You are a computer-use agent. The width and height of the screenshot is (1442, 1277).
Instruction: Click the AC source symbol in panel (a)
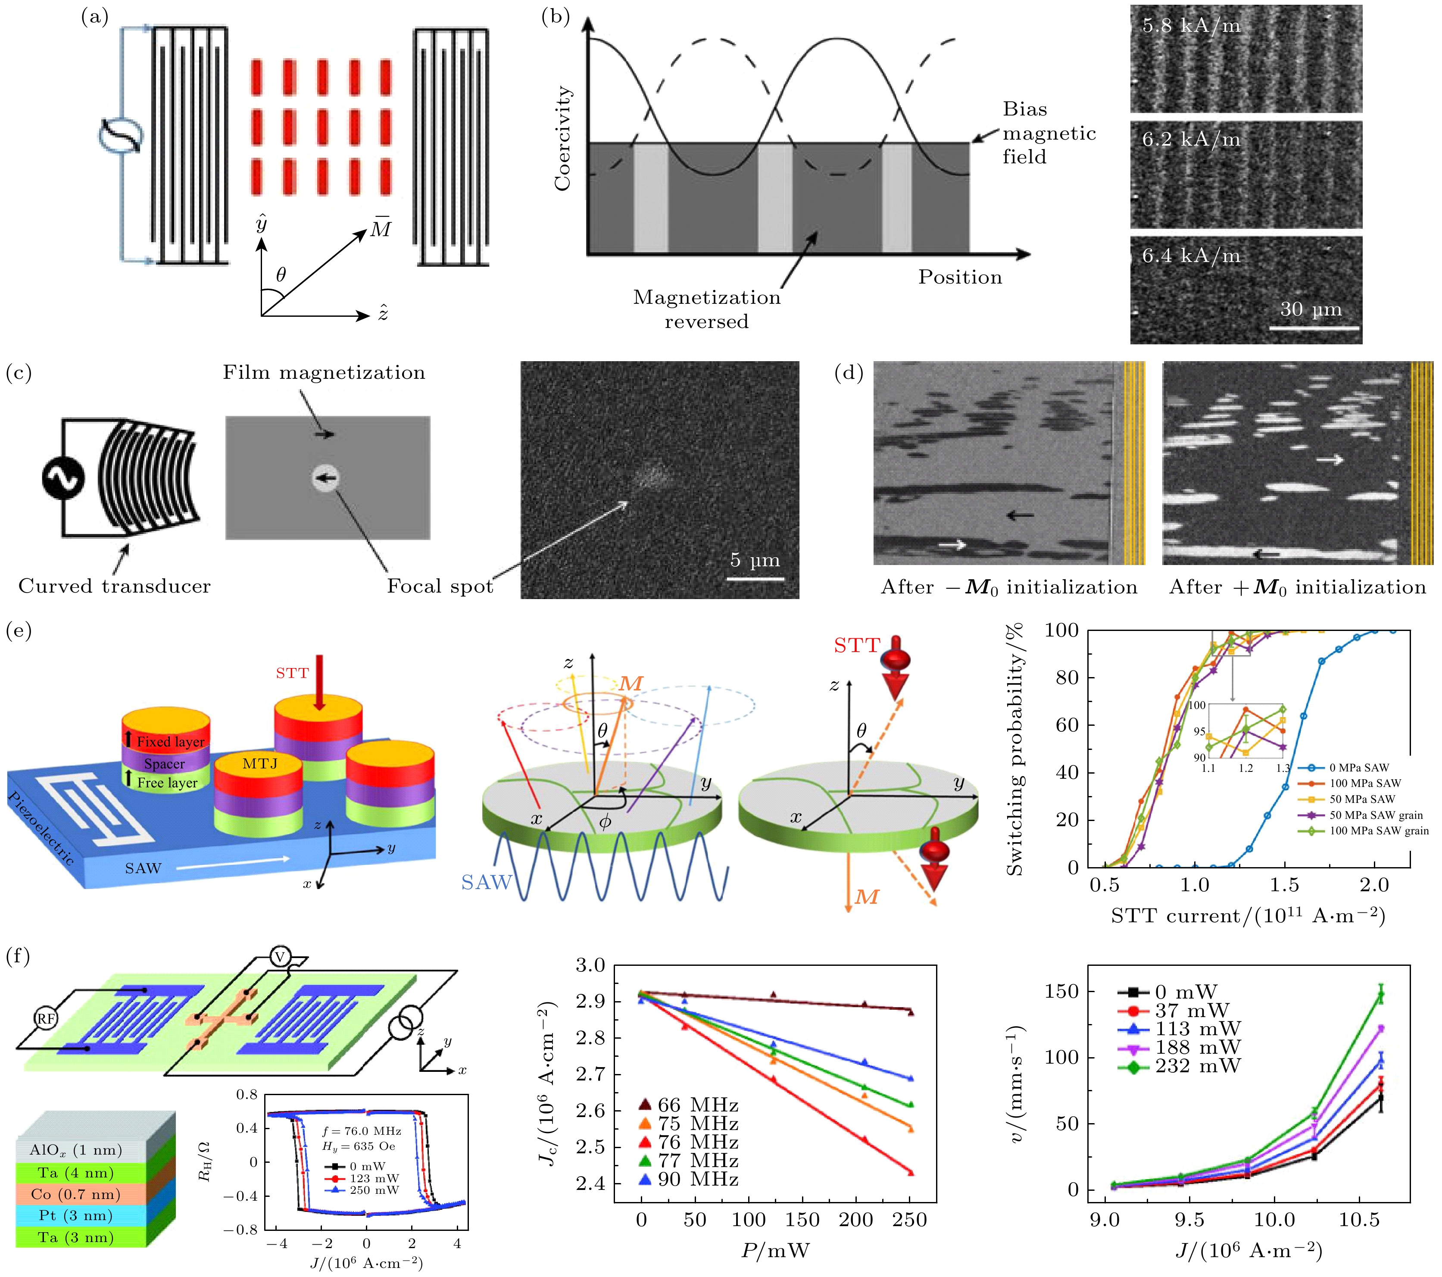121,136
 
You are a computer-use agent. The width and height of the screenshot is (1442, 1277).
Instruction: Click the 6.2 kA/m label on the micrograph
1191,140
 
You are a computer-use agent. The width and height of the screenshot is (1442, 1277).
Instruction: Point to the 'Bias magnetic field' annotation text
1049,133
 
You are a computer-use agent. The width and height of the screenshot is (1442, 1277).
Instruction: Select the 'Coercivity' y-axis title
562,138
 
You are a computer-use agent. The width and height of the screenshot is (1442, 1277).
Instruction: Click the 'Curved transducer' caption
114,586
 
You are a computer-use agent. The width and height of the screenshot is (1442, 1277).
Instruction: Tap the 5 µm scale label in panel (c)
755,560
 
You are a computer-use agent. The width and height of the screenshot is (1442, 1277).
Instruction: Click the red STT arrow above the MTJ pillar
320,681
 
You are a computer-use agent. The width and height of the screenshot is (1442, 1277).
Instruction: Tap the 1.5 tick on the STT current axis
1285,885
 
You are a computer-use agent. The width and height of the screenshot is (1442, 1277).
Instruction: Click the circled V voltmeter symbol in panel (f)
280,957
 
